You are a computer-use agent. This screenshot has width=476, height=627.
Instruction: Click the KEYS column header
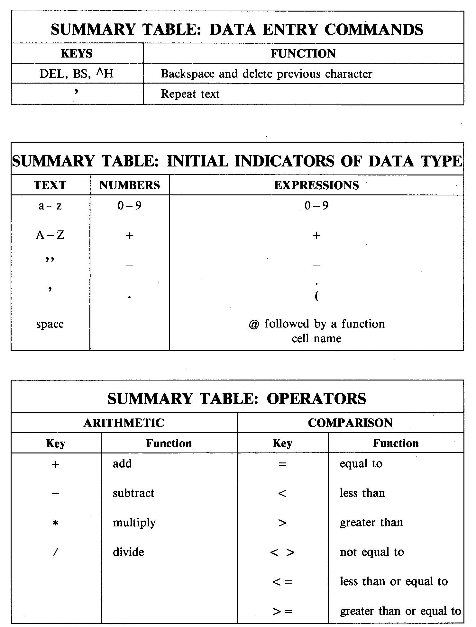(x=77, y=53)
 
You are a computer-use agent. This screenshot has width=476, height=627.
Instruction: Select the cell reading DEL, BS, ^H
(x=77, y=74)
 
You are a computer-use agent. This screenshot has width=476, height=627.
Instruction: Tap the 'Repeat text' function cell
(x=190, y=94)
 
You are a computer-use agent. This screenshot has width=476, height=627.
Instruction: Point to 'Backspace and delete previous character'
(x=266, y=74)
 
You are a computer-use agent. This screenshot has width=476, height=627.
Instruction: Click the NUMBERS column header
(x=129, y=185)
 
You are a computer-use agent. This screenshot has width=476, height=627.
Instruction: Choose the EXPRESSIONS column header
(x=316, y=185)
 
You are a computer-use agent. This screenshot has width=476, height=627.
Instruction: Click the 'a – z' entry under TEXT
(x=50, y=206)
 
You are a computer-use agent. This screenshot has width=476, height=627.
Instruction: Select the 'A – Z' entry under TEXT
(x=50, y=235)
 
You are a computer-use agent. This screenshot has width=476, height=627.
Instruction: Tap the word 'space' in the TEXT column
(x=50, y=324)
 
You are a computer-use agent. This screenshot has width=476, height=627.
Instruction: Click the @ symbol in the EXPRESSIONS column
(x=254, y=324)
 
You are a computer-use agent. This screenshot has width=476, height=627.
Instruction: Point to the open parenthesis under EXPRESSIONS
(x=317, y=296)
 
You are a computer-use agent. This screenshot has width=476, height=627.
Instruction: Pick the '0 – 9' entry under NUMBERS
(x=129, y=206)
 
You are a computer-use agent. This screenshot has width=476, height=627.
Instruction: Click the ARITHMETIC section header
(x=124, y=423)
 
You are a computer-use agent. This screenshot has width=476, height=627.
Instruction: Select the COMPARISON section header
(x=350, y=423)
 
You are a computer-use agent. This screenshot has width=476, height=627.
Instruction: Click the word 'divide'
(x=128, y=552)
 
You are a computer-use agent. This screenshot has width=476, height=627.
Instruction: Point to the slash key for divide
(x=56, y=552)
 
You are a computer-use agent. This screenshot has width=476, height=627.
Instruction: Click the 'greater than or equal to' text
(x=400, y=611)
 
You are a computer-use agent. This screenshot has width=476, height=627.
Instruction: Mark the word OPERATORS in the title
(x=316, y=399)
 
